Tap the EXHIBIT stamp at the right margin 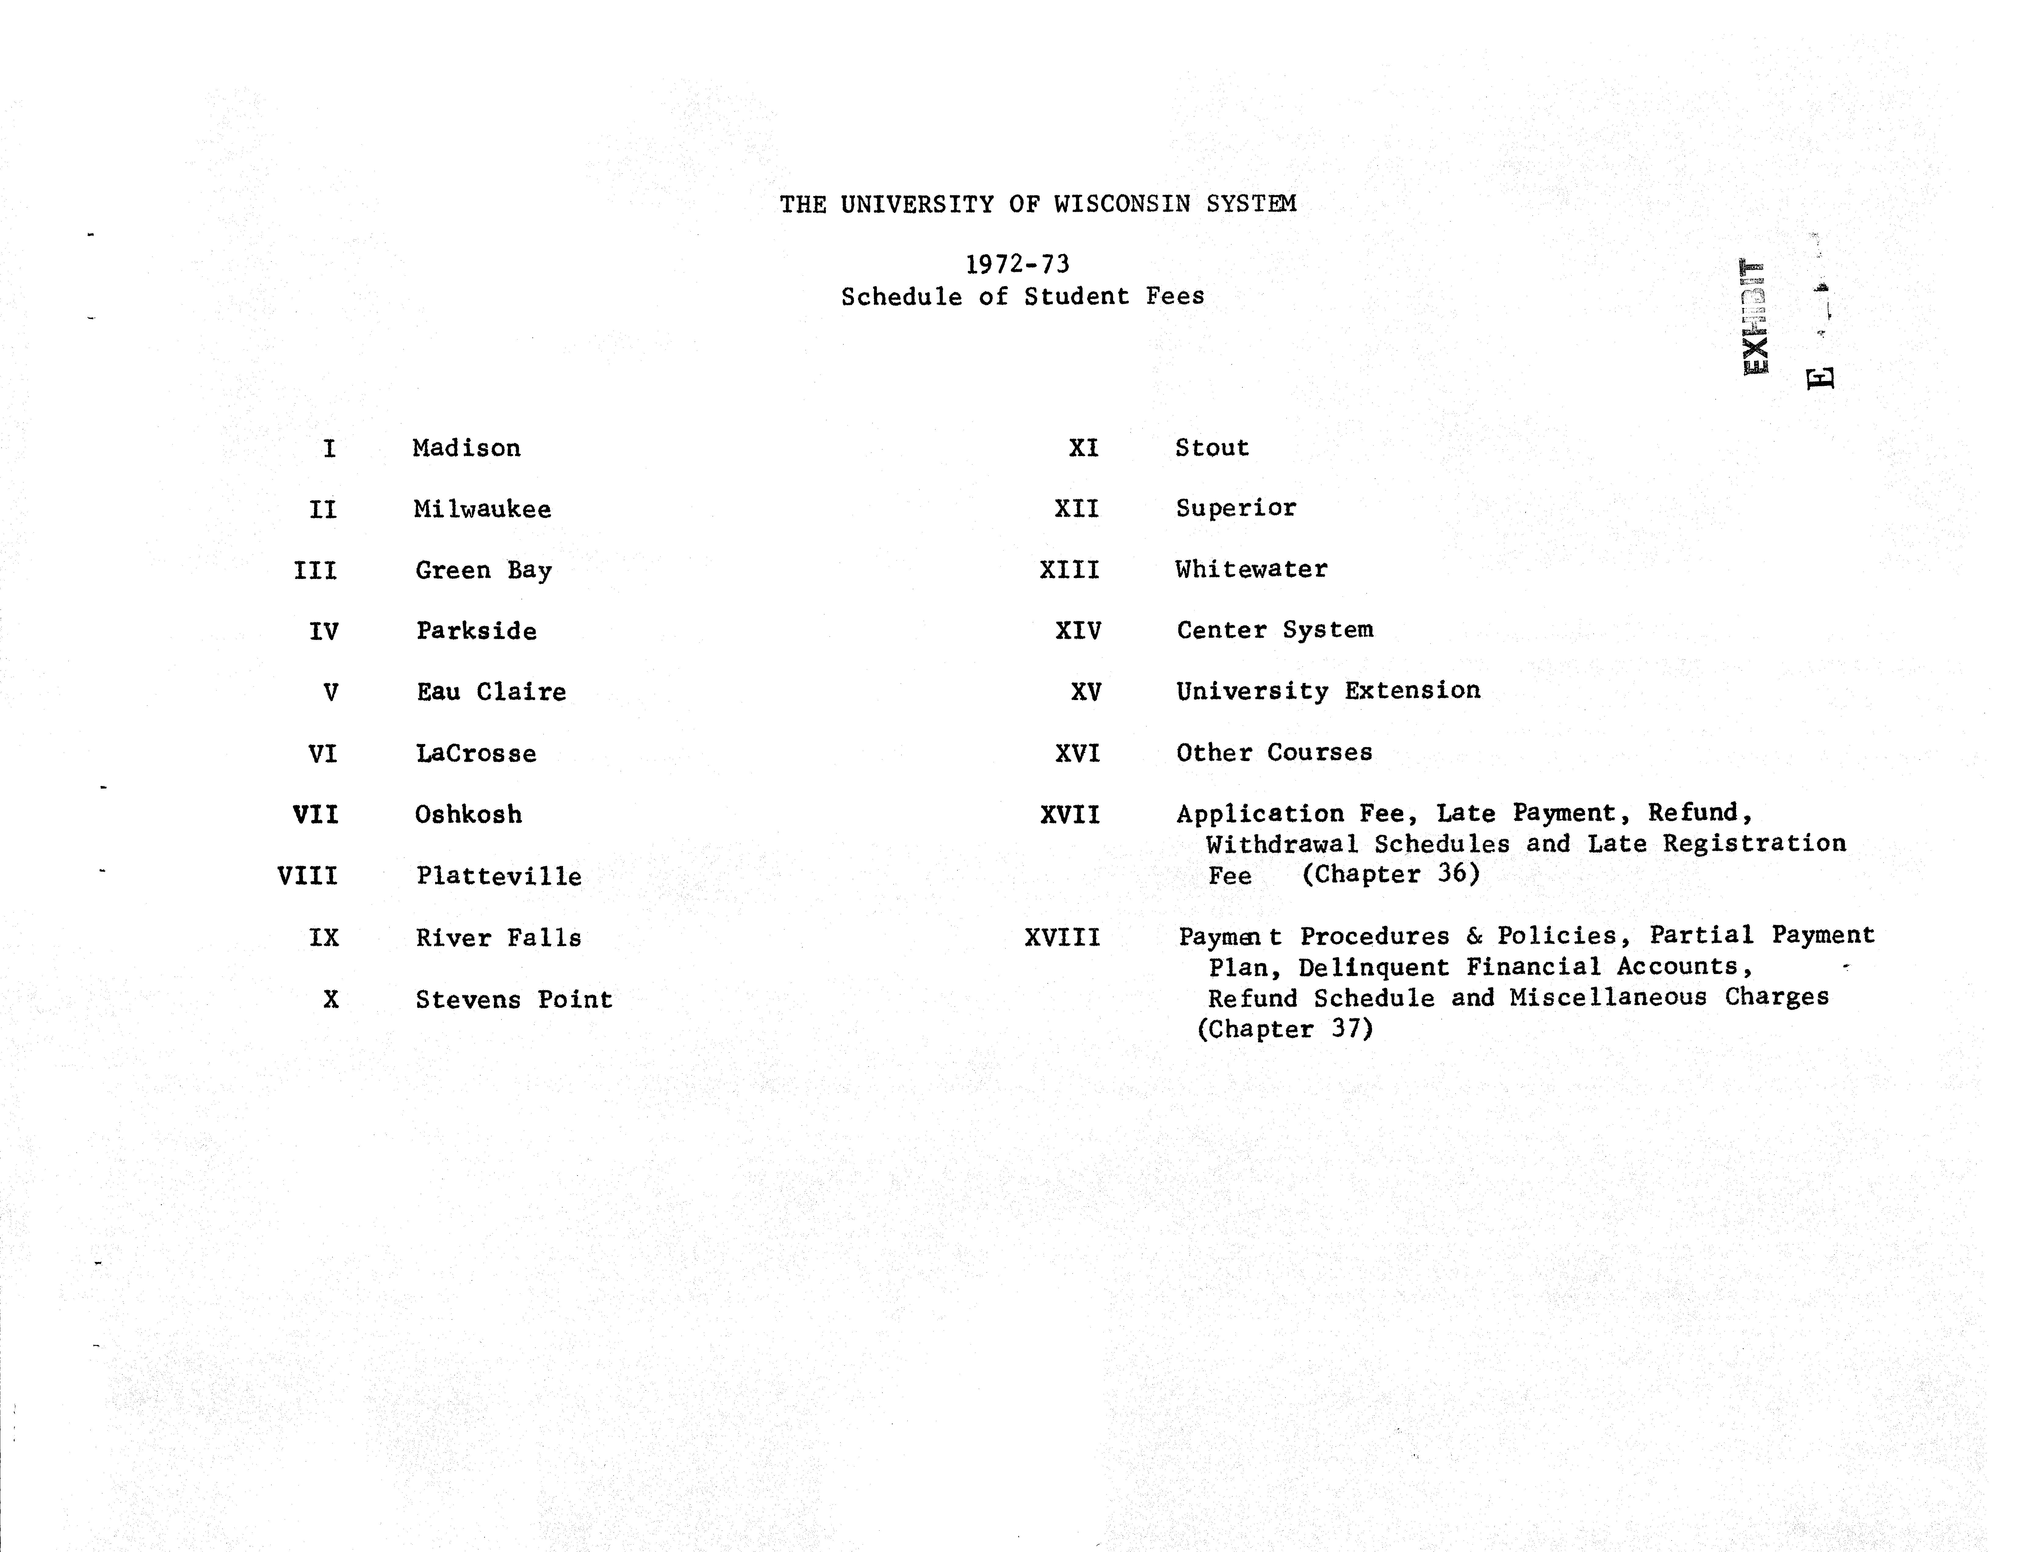coord(1754,317)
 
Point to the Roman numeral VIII coord(308,876)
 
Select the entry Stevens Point coord(514,1000)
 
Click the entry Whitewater coord(1251,569)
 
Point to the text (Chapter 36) coord(1391,874)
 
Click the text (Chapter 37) coord(1285,1029)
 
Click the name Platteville coord(499,877)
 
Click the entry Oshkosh coord(468,815)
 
